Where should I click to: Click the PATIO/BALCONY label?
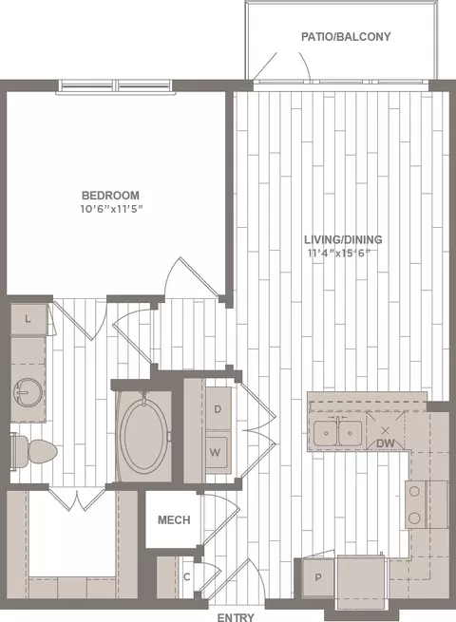pos(346,37)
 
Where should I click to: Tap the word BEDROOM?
pos(110,196)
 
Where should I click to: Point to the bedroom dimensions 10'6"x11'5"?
pos(111,209)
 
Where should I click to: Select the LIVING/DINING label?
pos(343,239)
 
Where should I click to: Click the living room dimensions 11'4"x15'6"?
pos(341,253)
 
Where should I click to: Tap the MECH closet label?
pos(174,519)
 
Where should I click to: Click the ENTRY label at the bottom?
pos(236,617)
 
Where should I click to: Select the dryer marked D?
pos(218,409)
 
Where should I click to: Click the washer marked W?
pos(218,452)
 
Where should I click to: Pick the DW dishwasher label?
pos(386,443)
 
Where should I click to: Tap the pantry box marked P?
pos(318,577)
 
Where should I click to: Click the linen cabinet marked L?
pos(28,319)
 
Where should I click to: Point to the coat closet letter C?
pos(187,576)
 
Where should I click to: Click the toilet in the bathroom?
pos(33,451)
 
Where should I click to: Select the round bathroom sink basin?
pos(28,392)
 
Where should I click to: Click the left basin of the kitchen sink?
pos(326,433)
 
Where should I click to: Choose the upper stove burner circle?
pos(414,492)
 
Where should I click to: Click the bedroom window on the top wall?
pos(116,86)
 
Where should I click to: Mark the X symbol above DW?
pos(385,430)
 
